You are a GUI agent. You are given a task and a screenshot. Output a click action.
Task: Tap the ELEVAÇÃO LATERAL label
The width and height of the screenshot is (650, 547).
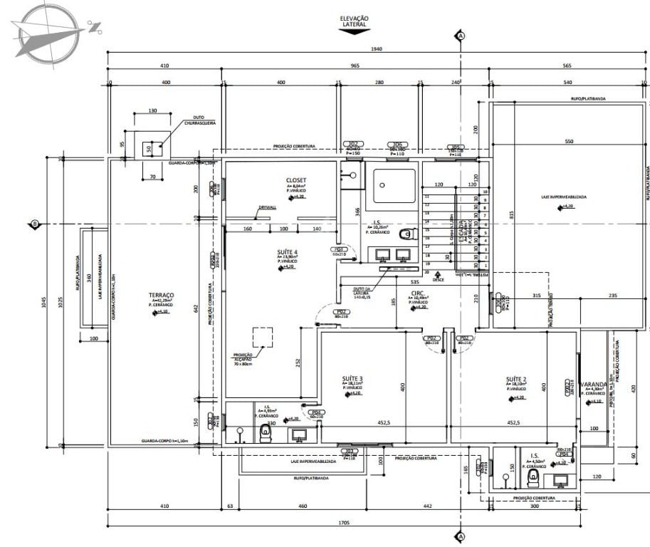pos(354,21)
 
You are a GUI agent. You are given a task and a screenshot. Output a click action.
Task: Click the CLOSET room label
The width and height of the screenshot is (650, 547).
pos(296,180)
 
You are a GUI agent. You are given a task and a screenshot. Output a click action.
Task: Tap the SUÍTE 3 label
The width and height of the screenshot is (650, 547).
pos(352,378)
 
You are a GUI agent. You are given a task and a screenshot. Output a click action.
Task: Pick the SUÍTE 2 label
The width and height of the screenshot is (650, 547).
pos(516,378)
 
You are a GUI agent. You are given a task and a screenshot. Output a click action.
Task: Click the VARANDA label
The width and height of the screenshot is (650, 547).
pos(592,385)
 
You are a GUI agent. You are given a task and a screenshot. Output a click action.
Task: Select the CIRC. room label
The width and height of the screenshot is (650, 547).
pos(418,293)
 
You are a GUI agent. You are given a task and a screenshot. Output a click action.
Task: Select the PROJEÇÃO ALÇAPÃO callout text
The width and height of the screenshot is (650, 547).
pos(243,358)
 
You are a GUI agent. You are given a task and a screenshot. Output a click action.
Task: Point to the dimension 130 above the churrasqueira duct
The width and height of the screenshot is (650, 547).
pos(152,111)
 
